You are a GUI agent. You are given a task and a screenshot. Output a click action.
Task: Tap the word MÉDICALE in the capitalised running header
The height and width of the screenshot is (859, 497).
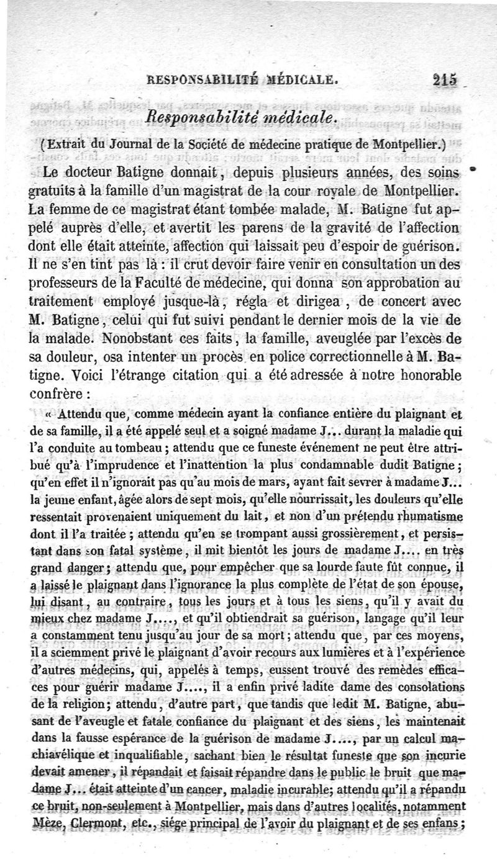[x=302, y=79]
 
